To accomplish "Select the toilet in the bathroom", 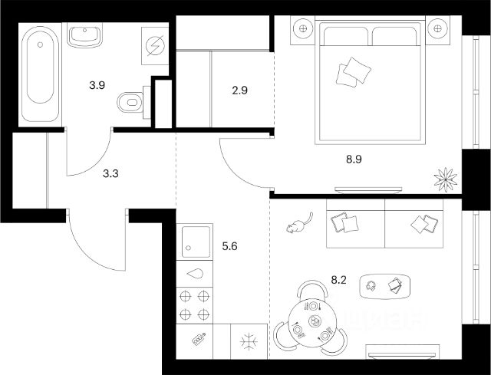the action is click(130, 100).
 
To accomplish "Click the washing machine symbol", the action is click(157, 44).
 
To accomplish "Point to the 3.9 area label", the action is click(97, 85).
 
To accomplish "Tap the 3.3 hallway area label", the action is click(112, 173).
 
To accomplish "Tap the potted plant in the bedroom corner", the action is click(445, 179).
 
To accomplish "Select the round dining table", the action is click(314, 319).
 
